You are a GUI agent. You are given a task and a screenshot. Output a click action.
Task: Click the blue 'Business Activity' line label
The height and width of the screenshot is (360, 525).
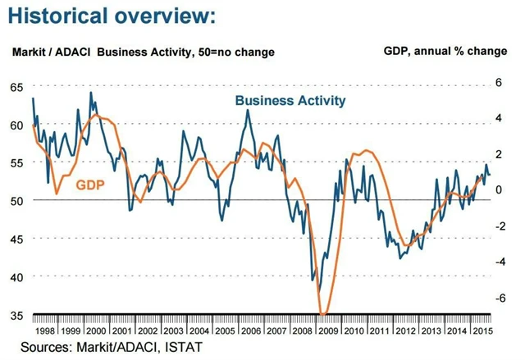point(290,101)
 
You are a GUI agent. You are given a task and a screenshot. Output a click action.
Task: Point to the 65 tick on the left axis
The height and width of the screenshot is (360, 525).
point(17,87)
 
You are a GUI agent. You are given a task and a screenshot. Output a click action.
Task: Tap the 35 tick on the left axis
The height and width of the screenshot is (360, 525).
point(17,315)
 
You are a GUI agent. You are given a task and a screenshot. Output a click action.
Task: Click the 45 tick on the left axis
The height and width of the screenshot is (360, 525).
point(17,239)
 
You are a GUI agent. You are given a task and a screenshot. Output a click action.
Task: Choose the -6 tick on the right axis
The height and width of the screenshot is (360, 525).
point(496,298)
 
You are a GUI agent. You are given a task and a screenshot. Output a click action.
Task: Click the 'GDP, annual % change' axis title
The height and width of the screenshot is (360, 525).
point(445,51)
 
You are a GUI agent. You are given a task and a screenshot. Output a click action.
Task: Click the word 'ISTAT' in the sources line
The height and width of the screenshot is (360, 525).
point(182,347)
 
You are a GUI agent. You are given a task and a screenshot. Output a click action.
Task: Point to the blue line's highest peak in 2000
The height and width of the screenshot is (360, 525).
point(90,93)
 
